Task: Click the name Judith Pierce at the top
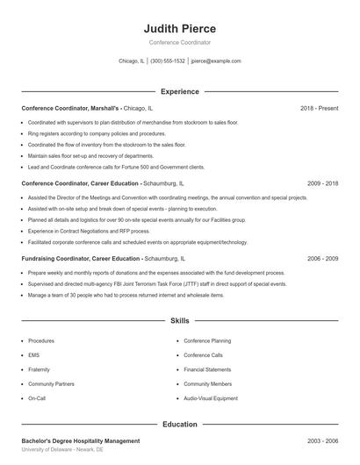pos(179,28)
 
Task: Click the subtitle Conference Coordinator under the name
pos(179,42)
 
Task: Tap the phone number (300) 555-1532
pos(167,61)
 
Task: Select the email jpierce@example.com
pos(215,61)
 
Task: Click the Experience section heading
pos(179,91)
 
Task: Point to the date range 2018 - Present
pos(319,108)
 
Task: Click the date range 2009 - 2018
pos(323,184)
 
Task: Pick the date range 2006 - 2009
pos(323,259)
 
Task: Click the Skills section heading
pos(179,322)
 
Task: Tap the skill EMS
pos(33,355)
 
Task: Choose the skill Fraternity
pos(39,369)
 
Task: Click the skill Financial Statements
pos(207,369)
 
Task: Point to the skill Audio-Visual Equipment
pos(211,398)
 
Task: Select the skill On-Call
pos(36,398)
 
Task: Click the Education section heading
pos(179,425)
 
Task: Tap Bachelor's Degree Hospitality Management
pos(81,440)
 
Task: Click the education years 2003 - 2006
pos(323,440)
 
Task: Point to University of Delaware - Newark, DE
pos(62,448)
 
